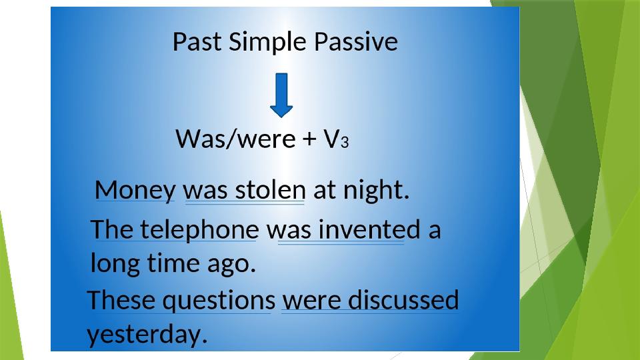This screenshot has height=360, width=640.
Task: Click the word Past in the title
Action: [197, 41]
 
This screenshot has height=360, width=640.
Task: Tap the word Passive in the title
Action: [356, 41]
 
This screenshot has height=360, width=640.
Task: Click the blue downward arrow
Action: [281, 95]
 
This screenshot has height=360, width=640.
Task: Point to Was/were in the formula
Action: [235, 139]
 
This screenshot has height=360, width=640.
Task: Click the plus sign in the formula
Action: [310, 139]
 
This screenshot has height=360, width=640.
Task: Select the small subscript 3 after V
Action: [345, 142]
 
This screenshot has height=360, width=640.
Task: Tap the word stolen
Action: [270, 190]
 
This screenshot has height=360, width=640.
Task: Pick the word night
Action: [376, 191]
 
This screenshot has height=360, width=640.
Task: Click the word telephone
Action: [199, 230]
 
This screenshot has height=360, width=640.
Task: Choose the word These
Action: [121, 300]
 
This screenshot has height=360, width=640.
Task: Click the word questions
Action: [219, 301]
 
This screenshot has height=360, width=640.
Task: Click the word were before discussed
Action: [311, 301]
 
